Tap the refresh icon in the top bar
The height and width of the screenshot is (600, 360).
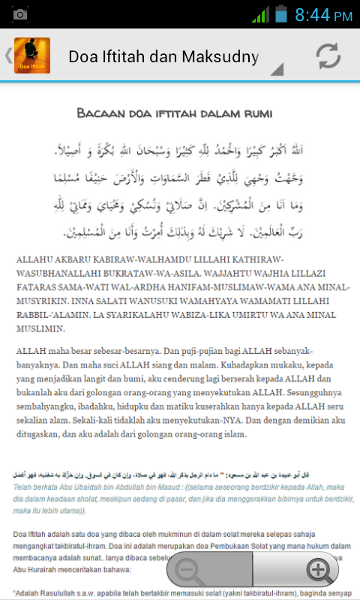coord(328,56)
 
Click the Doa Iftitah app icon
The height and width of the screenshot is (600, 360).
coord(32,56)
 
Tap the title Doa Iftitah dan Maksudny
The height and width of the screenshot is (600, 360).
coord(163,56)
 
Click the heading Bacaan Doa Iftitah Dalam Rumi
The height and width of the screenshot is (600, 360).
coord(175,113)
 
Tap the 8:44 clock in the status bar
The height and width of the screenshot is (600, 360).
coord(323,15)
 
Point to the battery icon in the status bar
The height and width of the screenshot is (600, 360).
coord(281,14)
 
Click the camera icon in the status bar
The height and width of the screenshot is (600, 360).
coord(20,15)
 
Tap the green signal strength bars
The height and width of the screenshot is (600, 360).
coord(260,15)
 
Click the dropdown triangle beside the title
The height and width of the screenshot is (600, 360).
coord(277,70)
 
